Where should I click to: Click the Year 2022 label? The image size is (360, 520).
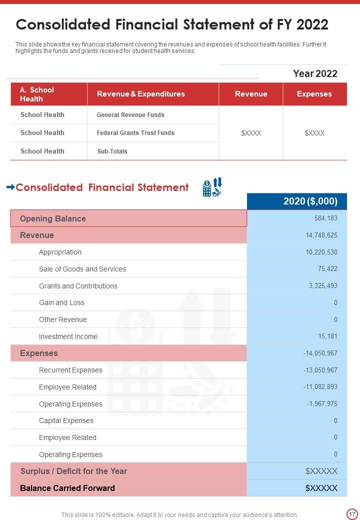click(315, 73)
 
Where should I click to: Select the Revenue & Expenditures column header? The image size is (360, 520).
click(140, 94)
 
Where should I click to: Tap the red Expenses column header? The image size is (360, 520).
click(314, 94)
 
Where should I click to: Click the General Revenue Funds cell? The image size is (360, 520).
click(130, 115)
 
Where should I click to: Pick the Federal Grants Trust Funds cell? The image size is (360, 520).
click(135, 133)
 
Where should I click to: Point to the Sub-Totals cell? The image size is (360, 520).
click(112, 151)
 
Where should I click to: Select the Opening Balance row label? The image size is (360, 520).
click(53, 218)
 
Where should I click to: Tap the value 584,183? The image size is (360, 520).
click(325, 218)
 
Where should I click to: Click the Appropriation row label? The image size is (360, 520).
click(60, 252)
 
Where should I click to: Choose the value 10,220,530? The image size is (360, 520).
click(321, 252)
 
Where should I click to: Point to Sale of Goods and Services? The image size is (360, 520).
click(82, 269)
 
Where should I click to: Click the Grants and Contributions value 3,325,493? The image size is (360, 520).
click(323, 286)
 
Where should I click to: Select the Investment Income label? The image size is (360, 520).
click(68, 336)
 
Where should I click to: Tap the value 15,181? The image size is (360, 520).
click(327, 336)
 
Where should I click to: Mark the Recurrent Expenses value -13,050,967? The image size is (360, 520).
click(320, 370)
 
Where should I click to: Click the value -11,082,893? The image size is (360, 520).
click(320, 387)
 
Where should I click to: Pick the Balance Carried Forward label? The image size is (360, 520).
click(67, 488)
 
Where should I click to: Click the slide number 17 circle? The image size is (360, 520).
click(351, 514)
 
